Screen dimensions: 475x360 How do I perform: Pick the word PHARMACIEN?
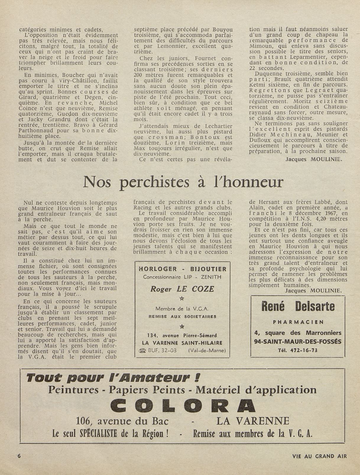click(x=298, y=322)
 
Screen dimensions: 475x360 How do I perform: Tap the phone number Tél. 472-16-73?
click(x=298, y=350)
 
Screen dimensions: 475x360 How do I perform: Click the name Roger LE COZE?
click(x=182, y=289)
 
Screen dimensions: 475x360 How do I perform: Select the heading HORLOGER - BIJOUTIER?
click(x=182, y=269)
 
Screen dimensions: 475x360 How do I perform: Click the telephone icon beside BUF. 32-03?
click(x=142, y=351)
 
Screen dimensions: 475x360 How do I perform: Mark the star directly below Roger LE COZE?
click(x=182, y=299)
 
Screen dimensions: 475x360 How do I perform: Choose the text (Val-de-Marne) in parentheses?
click(x=207, y=351)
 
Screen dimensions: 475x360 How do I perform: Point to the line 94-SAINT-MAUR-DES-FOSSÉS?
click(x=298, y=341)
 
